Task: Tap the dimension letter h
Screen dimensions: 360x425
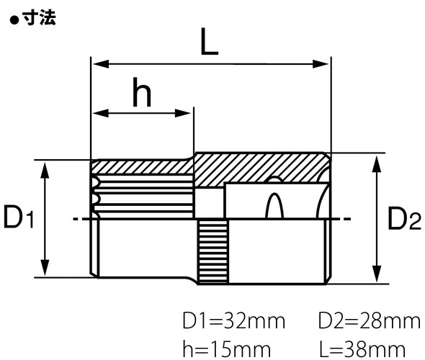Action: point(143,94)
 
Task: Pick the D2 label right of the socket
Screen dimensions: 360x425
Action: point(403,219)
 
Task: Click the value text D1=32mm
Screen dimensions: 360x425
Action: point(234,320)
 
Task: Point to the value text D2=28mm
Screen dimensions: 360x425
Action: point(369,320)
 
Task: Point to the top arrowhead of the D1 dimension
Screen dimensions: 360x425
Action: point(45,167)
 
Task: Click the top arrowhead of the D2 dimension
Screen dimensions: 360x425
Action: point(375,160)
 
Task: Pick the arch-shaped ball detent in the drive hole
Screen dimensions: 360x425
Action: point(273,206)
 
